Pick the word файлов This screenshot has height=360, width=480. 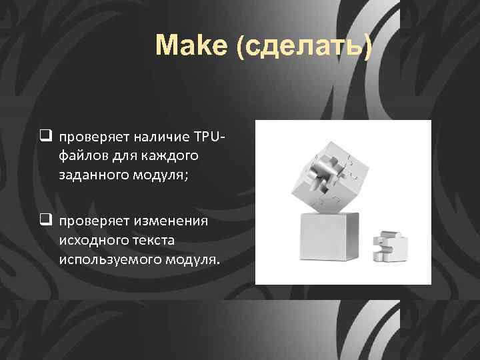point(81,155)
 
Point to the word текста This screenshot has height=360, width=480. point(149,238)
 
